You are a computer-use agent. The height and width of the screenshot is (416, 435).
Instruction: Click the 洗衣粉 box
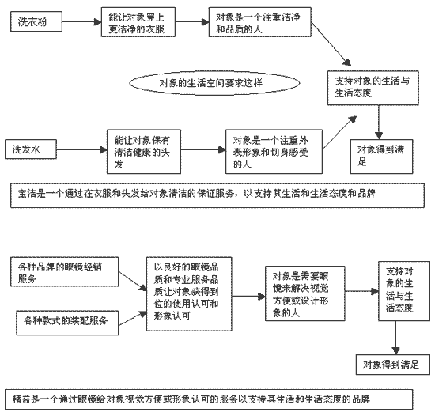36,21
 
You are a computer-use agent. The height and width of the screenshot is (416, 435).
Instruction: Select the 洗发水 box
31,149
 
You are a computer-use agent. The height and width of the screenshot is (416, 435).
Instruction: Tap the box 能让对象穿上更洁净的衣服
138,22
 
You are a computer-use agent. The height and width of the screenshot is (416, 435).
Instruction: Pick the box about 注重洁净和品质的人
260,22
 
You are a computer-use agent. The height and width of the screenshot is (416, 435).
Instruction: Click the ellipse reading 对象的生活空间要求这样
214,83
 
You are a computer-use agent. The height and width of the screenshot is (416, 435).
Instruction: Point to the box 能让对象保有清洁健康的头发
144,152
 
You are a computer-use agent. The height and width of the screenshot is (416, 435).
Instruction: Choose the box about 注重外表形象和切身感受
274,152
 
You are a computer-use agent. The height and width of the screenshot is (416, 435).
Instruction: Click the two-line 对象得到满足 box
381,157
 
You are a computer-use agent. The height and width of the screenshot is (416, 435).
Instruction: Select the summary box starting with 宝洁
217,195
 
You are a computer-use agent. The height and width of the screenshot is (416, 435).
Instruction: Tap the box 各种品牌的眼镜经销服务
65,272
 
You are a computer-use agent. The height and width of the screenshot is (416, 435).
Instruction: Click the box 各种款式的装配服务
67,323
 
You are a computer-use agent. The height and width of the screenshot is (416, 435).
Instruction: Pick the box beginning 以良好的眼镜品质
189,294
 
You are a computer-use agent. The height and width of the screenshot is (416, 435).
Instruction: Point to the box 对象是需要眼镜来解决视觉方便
305,293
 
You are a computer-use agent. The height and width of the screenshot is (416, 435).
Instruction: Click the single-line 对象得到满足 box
393,365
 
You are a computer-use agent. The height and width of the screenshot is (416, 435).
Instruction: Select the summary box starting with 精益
209,399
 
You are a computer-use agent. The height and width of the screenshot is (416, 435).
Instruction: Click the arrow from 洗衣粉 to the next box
81,21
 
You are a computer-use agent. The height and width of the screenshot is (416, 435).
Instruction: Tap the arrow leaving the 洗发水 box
81,150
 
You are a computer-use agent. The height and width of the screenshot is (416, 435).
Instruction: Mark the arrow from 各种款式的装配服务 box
132,319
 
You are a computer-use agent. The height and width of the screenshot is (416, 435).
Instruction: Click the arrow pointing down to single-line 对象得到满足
396,338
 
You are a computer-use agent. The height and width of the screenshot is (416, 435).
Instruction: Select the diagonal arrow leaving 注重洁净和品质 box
331,43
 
